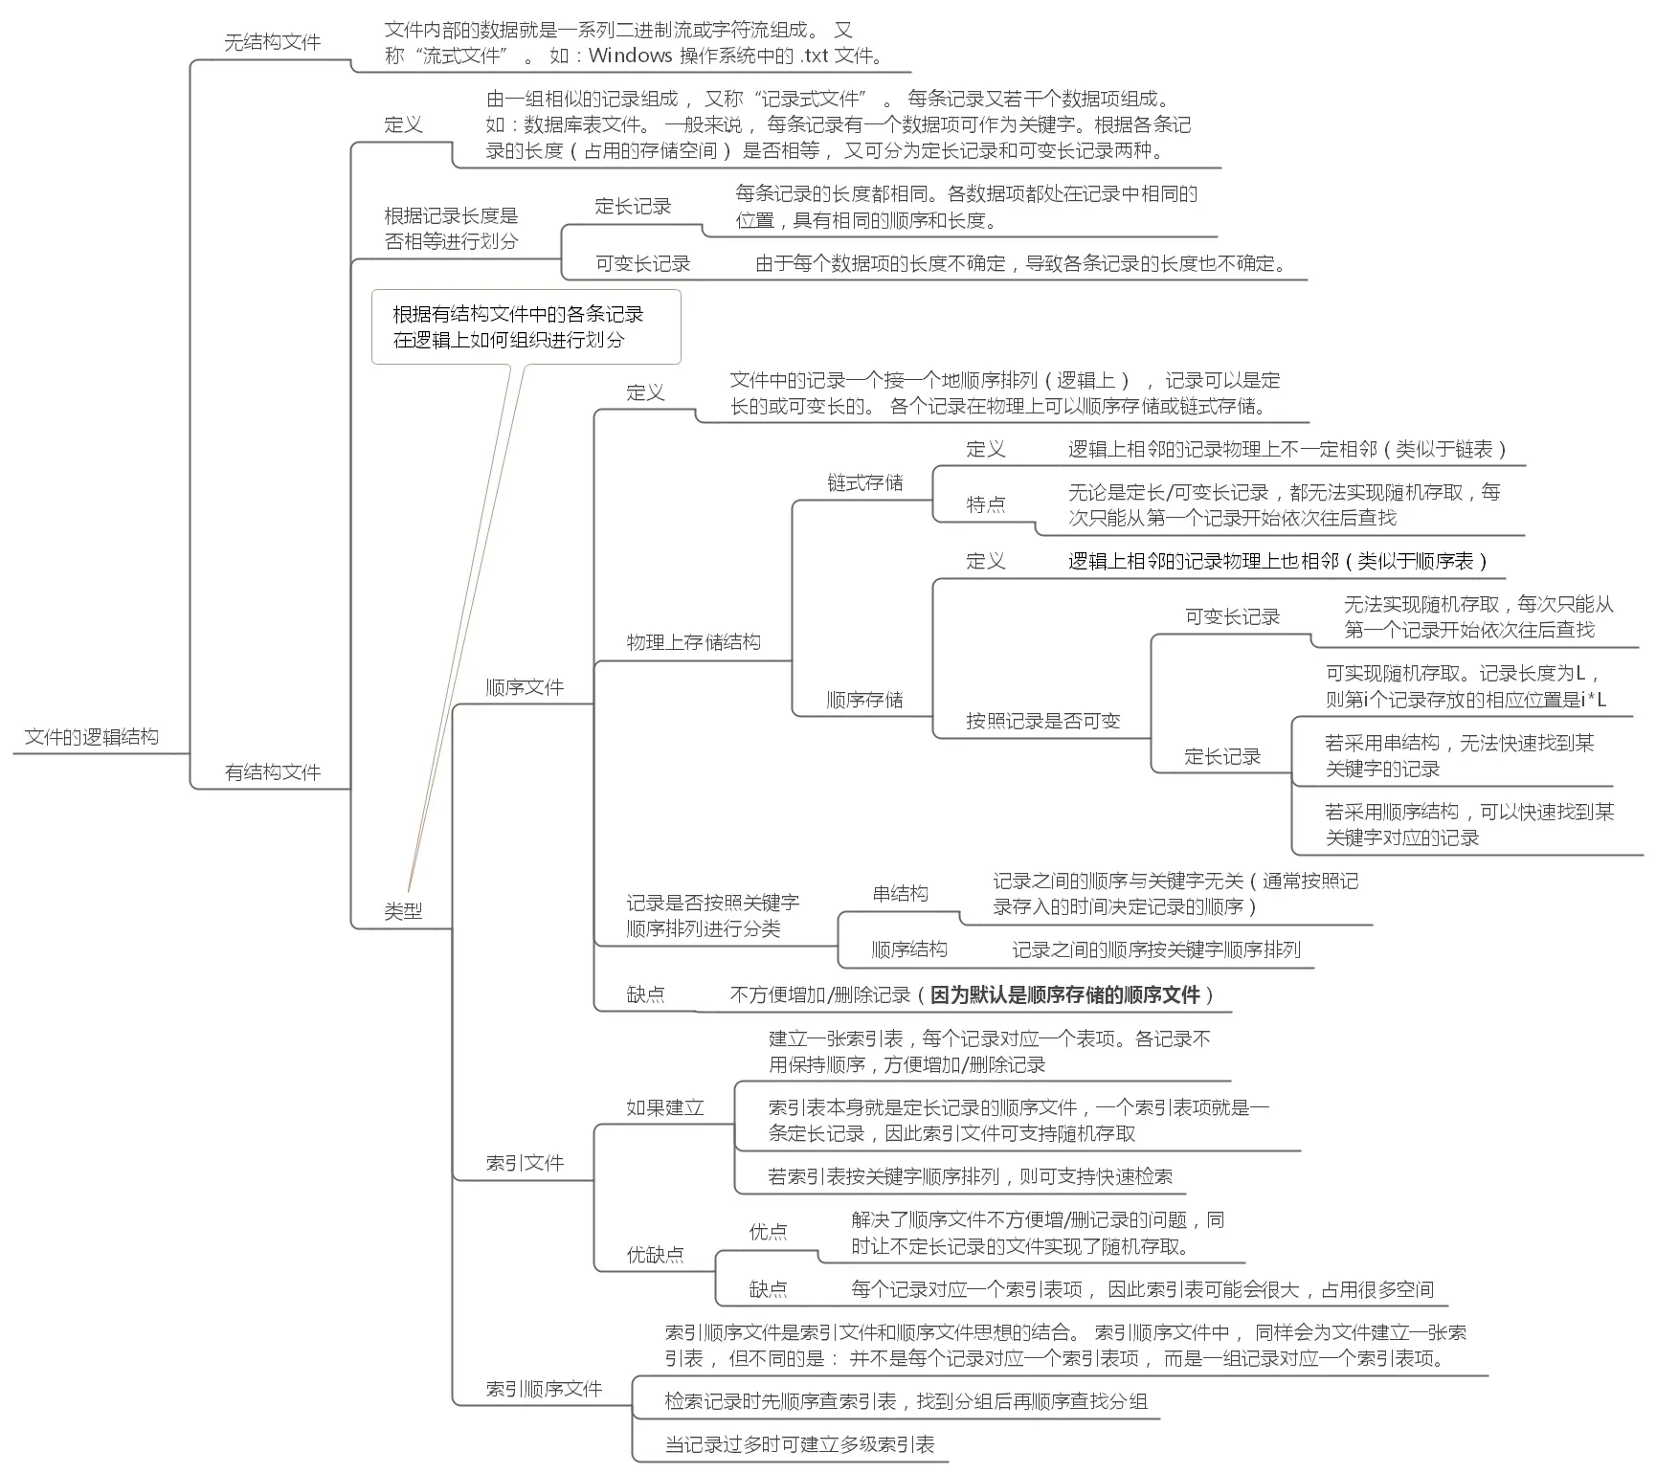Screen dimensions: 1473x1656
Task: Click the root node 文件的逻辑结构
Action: click(92, 737)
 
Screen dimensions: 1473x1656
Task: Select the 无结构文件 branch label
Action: click(272, 42)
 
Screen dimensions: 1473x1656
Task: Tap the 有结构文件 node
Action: click(272, 772)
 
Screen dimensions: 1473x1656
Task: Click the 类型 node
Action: click(403, 911)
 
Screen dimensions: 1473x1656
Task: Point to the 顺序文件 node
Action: click(525, 687)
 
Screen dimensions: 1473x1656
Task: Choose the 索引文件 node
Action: click(525, 1163)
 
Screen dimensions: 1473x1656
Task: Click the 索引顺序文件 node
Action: click(544, 1389)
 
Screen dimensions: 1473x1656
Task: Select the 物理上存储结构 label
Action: click(693, 642)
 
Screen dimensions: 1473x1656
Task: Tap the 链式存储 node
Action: click(865, 482)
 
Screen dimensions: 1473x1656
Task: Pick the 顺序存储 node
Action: click(865, 700)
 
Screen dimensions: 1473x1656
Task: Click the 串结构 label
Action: click(900, 894)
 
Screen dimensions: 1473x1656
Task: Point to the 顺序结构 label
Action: click(908, 949)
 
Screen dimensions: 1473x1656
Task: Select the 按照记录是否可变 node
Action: click(1042, 721)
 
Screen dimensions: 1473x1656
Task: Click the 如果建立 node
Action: click(665, 1108)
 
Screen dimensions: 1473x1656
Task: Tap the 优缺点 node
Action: click(655, 1255)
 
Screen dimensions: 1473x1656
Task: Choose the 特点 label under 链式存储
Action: click(986, 504)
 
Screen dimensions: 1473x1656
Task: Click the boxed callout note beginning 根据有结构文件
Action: click(526, 326)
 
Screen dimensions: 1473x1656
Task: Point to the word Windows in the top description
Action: click(630, 56)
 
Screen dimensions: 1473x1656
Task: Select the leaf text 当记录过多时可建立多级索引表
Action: click(799, 1444)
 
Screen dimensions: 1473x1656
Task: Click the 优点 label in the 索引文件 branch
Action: click(768, 1232)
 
